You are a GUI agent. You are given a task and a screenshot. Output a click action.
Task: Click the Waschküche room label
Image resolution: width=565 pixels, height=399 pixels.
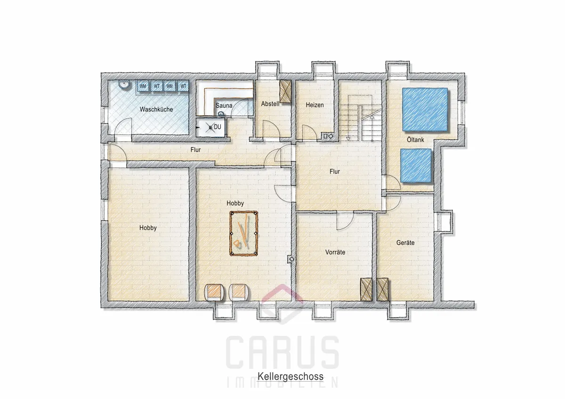click(x=156, y=109)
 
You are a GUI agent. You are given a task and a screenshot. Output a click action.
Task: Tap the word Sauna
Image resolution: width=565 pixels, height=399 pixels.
click(x=224, y=105)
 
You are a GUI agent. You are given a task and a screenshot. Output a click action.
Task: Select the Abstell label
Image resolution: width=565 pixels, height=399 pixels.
click(x=270, y=104)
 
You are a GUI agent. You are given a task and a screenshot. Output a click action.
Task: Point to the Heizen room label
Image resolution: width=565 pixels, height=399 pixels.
click(x=315, y=105)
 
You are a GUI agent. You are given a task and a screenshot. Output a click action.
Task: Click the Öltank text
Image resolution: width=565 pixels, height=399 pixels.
click(x=415, y=139)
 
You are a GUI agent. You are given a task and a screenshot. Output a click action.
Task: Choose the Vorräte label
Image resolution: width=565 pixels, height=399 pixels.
click(x=335, y=252)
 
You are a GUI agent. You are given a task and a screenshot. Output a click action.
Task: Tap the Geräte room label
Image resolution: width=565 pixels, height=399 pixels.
click(x=405, y=242)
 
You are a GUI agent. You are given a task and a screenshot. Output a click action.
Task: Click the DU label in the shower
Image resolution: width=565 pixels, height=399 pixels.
click(x=217, y=127)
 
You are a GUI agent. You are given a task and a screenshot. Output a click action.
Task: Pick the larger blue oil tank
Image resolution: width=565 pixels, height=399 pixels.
click(x=425, y=109)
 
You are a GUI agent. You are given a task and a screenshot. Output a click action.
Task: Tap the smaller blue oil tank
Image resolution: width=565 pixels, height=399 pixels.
click(x=416, y=165)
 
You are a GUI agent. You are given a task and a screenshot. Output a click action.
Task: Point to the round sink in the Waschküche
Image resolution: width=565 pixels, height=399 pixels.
click(x=124, y=85)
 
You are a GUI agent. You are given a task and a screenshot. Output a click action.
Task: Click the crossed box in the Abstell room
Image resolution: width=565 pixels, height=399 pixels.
click(x=285, y=91)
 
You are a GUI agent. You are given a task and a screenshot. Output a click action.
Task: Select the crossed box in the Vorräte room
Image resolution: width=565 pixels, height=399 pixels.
click(x=366, y=290)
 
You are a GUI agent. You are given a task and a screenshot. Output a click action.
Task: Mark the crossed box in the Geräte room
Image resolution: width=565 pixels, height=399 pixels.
click(x=382, y=290)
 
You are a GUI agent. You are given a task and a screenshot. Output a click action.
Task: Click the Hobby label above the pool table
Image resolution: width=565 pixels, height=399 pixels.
click(x=235, y=203)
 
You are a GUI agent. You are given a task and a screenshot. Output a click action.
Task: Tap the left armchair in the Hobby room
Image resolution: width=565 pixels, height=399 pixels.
click(x=214, y=292)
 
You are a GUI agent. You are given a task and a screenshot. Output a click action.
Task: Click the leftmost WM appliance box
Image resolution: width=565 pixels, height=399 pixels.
click(x=143, y=86)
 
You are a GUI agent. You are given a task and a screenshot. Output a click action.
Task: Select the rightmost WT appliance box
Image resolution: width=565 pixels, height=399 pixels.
click(x=183, y=86)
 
